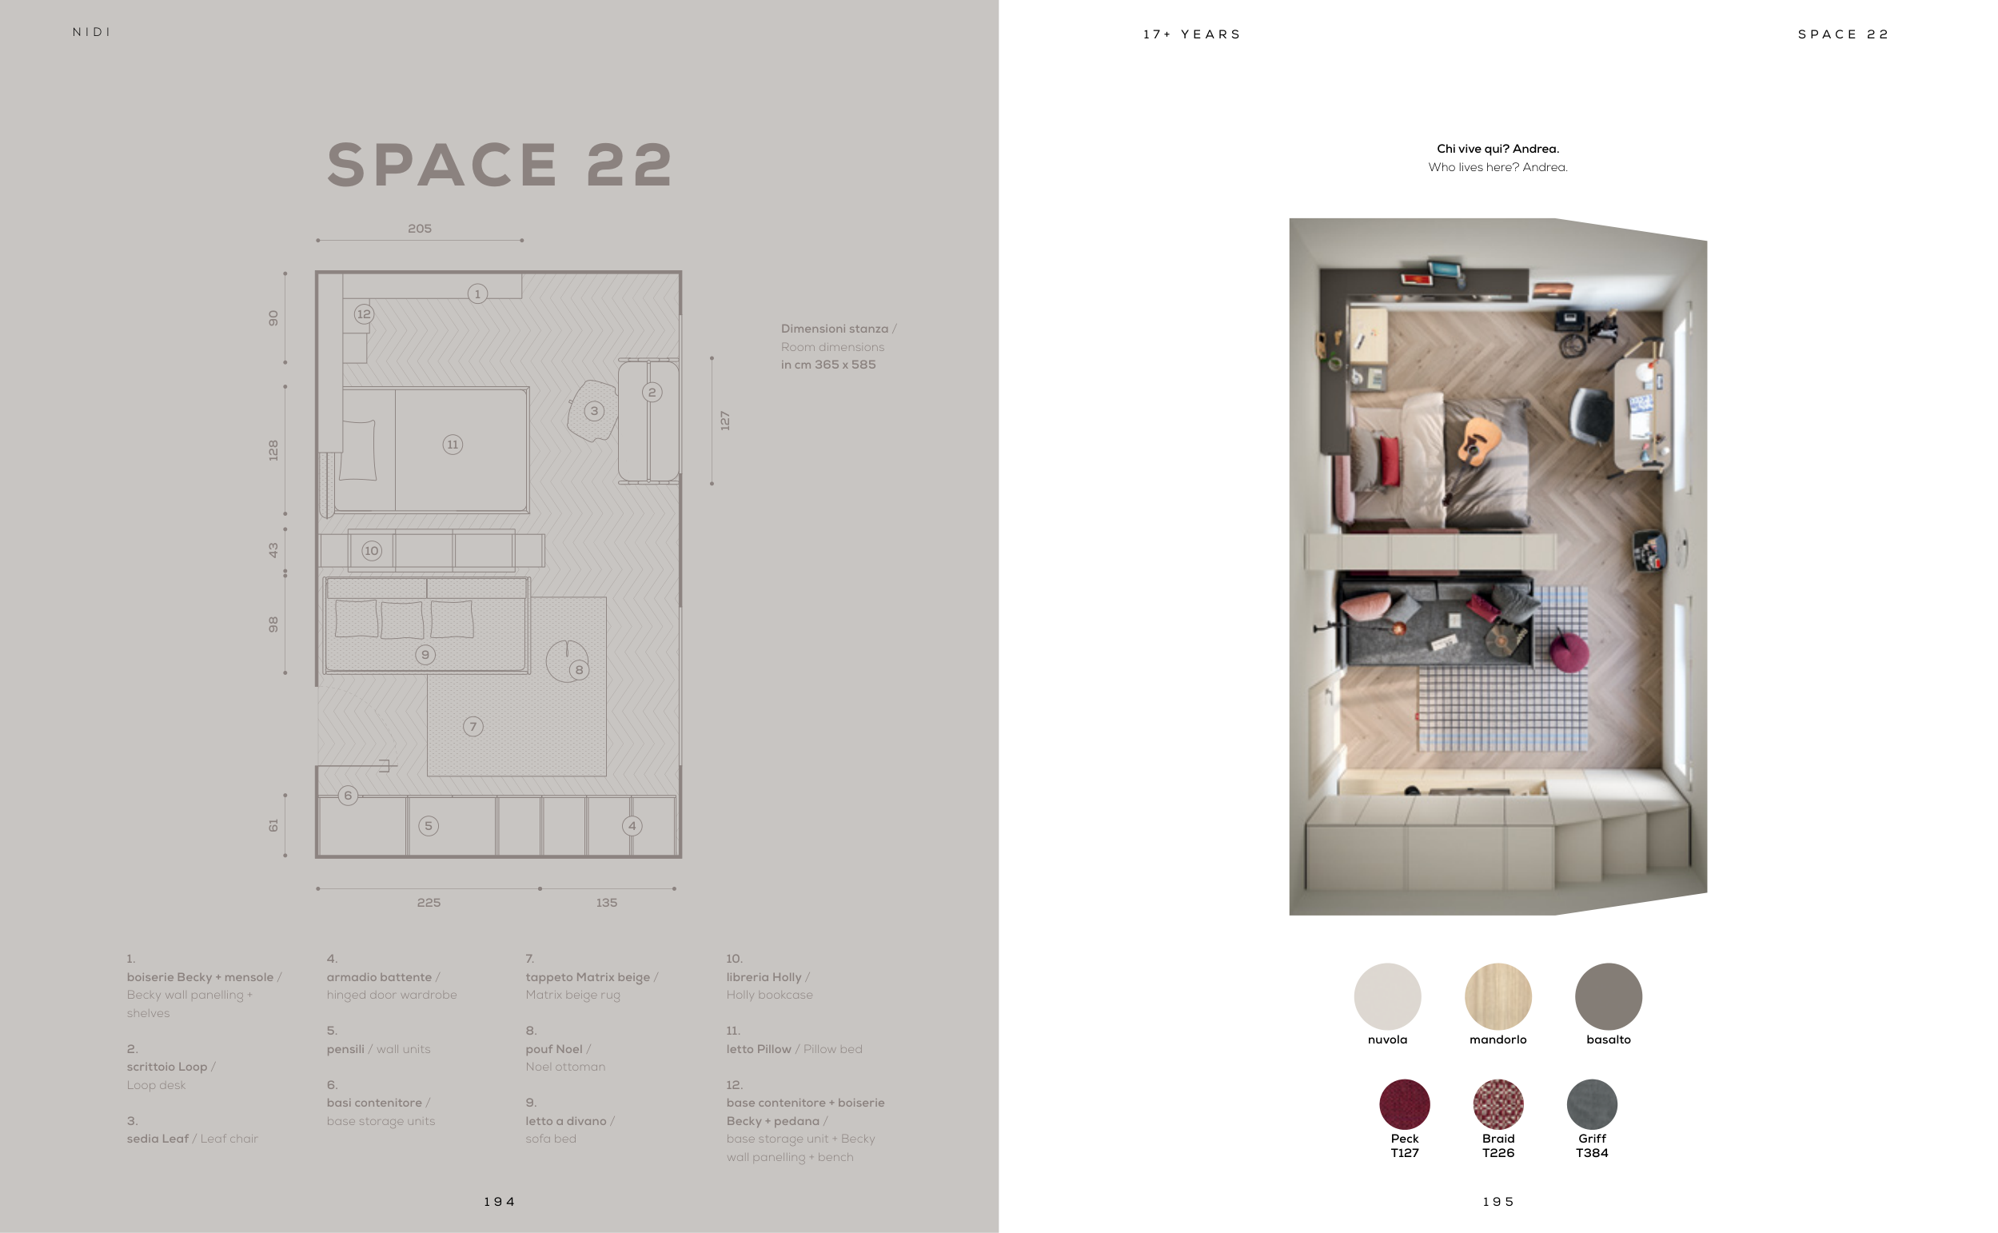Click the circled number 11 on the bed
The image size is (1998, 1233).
(453, 445)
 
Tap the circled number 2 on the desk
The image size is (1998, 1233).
(652, 393)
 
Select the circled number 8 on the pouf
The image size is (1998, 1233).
(579, 669)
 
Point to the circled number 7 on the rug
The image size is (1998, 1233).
(473, 727)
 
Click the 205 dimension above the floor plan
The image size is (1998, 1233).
(420, 229)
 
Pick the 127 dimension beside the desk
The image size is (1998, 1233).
(724, 421)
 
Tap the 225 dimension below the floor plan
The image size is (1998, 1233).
(429, 903)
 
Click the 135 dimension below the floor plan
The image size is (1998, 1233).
(607, 903)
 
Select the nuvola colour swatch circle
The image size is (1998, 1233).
(1387, 996)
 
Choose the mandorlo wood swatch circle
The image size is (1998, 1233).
(1498, 996)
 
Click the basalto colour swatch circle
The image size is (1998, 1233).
(1609, 996)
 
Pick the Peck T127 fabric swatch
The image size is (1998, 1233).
(1405, 1104)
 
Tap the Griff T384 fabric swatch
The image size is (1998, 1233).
(1592, 1104)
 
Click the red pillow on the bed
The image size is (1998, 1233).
(1390, 461)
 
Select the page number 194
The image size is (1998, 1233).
(500, 1202)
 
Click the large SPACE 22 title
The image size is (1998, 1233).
(500, 165)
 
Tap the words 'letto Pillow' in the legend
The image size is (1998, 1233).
(759, 1050)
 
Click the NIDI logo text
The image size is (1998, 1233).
(91, 32)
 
